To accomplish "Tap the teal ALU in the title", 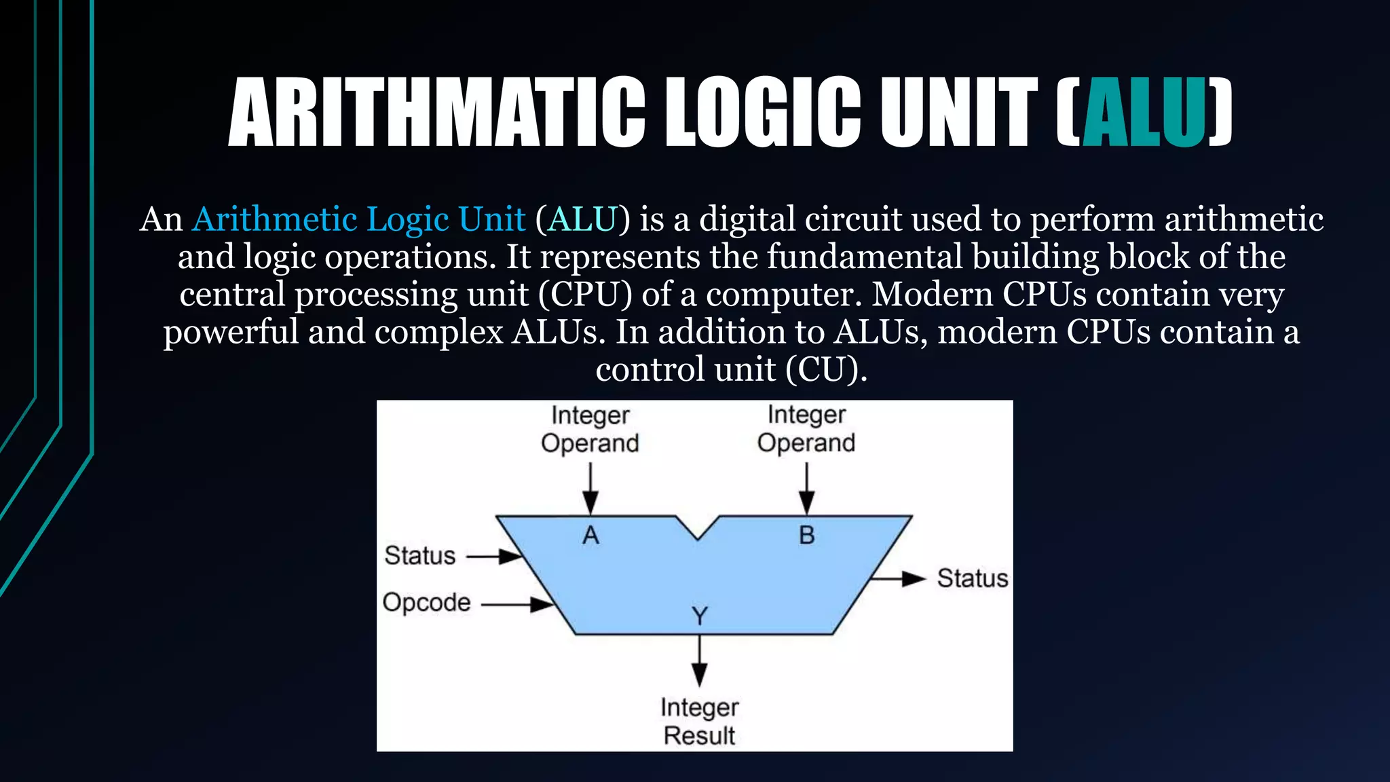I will click(x=1144, y=112).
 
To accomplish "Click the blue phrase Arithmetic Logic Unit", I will click(x=358, y=219).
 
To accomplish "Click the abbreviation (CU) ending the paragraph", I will click(x=826, y=370).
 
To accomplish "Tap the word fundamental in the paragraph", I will click(x=864, y=257).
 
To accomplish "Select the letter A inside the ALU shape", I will click(x=590, y=536).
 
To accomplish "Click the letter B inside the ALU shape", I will click(x=806, y=536).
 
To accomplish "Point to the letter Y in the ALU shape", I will click(x=699, y=616).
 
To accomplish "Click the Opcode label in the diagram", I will click(x=426, y=603).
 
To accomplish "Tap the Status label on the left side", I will click(x=419, y=556).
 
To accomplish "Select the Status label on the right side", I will click(x=972, y=578).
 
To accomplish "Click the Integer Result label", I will click(x=699, y=722).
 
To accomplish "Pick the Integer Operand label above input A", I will click(x=590, y=429).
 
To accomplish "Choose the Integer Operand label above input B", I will click(x=806, y=429).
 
